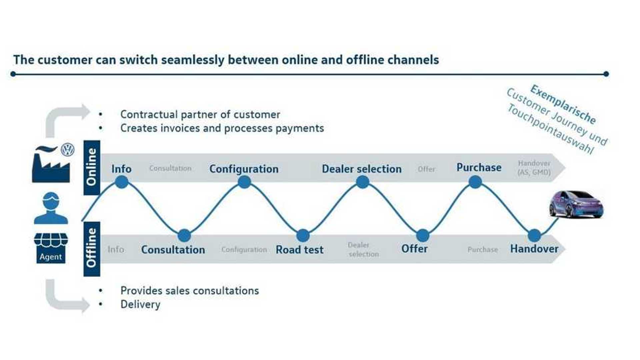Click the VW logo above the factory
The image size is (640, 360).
pos(68,150)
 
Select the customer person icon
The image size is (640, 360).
pos(51,208)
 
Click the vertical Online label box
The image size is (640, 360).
pos(92,167)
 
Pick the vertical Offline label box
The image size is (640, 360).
pos(92,249)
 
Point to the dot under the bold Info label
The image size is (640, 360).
pos(122,182)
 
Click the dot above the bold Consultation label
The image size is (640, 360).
pos(184,235)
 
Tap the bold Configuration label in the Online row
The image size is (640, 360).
pos(244,169)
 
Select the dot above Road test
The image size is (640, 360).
pos(303,235)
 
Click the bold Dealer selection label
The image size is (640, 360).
pos(362,169)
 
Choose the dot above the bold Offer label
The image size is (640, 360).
pos(423,235)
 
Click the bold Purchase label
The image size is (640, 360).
pos(479,167)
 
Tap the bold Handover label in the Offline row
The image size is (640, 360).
pos(534,249)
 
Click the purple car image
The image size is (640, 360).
pos(576,204)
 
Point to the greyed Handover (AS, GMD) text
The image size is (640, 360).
pos(534,168)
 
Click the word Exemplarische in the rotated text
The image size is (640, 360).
pos(563,104)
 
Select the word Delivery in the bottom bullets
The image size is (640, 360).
pos(140,304)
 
